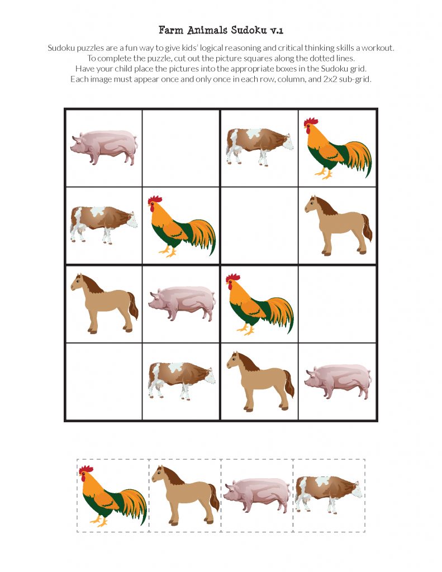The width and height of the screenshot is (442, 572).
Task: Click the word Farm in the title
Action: coord(171,30)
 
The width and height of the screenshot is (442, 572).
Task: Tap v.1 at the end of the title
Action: coord(277,31)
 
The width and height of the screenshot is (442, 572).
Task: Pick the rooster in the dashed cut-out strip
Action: coord(113,495)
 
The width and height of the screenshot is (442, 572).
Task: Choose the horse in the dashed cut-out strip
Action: coord(186,495)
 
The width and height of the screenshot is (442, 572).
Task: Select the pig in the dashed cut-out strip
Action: coord(257,495)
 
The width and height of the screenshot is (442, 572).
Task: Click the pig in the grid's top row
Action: coord(104,147)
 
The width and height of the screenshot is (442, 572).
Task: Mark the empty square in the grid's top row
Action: coord(181,148)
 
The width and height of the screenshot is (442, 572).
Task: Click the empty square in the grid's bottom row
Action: coord(104,381)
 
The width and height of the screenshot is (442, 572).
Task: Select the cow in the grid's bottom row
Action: coord(182,381)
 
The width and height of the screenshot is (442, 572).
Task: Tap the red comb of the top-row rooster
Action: coord(311,121)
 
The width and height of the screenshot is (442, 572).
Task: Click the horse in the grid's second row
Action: coord(338,225)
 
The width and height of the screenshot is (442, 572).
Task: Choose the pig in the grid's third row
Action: coord(182,303)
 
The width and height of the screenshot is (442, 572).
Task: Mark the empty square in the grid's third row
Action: coord(338,304)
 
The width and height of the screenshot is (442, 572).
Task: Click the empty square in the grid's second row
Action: coord(259,226)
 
